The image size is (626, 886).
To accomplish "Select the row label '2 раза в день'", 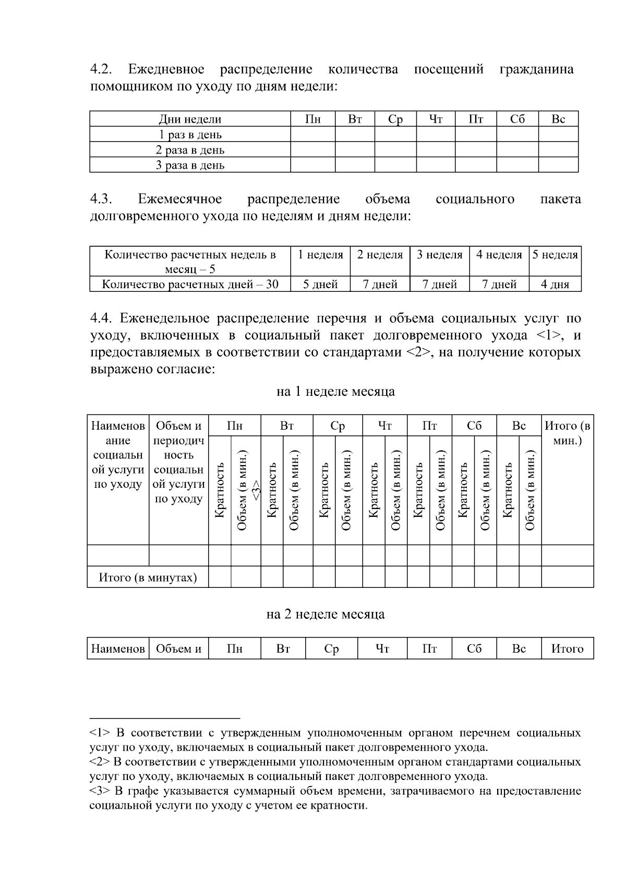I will click(190, 150).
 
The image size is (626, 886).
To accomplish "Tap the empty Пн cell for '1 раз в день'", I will click(312, 135).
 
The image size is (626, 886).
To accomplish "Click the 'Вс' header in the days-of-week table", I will click(558, 119).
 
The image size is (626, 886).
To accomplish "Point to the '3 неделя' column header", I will click(439, 255).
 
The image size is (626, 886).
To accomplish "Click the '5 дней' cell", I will click(320, 284).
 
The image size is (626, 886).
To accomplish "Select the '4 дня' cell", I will click(555, 284).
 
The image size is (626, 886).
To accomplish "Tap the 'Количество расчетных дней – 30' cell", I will click(190, 284).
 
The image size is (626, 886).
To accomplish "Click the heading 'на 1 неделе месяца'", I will click(335, 391).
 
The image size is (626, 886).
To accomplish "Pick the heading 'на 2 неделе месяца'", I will click(325, 614).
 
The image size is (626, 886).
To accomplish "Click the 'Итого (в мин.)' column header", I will click(567, 433).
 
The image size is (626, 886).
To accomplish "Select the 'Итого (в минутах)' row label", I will click(148, 577).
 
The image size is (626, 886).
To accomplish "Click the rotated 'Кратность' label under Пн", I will click(220, 490).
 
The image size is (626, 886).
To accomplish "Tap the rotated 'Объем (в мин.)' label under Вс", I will click(530, 490).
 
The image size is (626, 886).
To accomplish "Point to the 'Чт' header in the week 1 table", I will click(384, 426).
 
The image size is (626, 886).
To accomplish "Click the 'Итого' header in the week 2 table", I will click(567, 648).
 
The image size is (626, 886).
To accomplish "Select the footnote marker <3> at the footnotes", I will click(98, 791).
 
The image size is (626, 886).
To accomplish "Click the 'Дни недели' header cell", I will click(190, 119).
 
